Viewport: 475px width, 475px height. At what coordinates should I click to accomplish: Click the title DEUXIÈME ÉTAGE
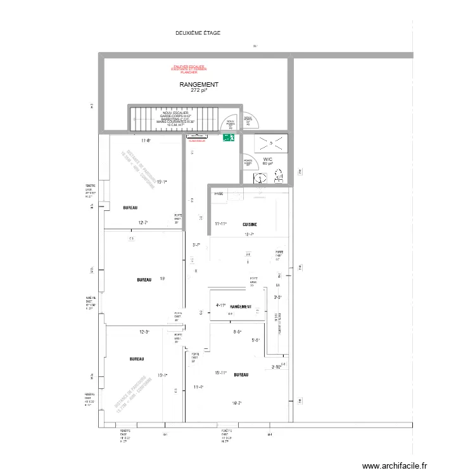pyautogui.click(x=198, y=33)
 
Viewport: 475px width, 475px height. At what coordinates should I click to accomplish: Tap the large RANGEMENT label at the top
pyautogui.click(x=199, y=84)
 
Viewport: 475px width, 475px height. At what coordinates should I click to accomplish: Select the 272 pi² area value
pyautogui.click(x=199, y=91)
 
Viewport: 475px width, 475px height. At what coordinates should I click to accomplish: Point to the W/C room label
pyautogui.click(x=267, y=160)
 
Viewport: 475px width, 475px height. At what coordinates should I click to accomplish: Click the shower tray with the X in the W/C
pyautogui.click(x=271, y=143)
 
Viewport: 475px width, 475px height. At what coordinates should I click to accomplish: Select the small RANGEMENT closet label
pyautogui.click(x=241, y=307)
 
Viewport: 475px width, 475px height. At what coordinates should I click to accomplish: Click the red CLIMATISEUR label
pyautogui.click(x=198, y=142)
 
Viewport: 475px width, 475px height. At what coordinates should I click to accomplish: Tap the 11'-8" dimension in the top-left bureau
pyautogui.click(x=147, y=141)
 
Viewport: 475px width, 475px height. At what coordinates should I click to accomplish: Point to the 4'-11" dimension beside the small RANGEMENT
pyautogui.click(x=221, y=305)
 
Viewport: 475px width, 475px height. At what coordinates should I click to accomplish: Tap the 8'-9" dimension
pyautogui.click(x=237, y=332)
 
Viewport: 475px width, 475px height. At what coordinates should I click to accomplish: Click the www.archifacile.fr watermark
pyautogui.click(x=396, y=464)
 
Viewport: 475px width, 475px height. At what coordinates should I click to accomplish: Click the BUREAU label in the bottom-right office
pyautogui.click(x=241, y=375)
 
